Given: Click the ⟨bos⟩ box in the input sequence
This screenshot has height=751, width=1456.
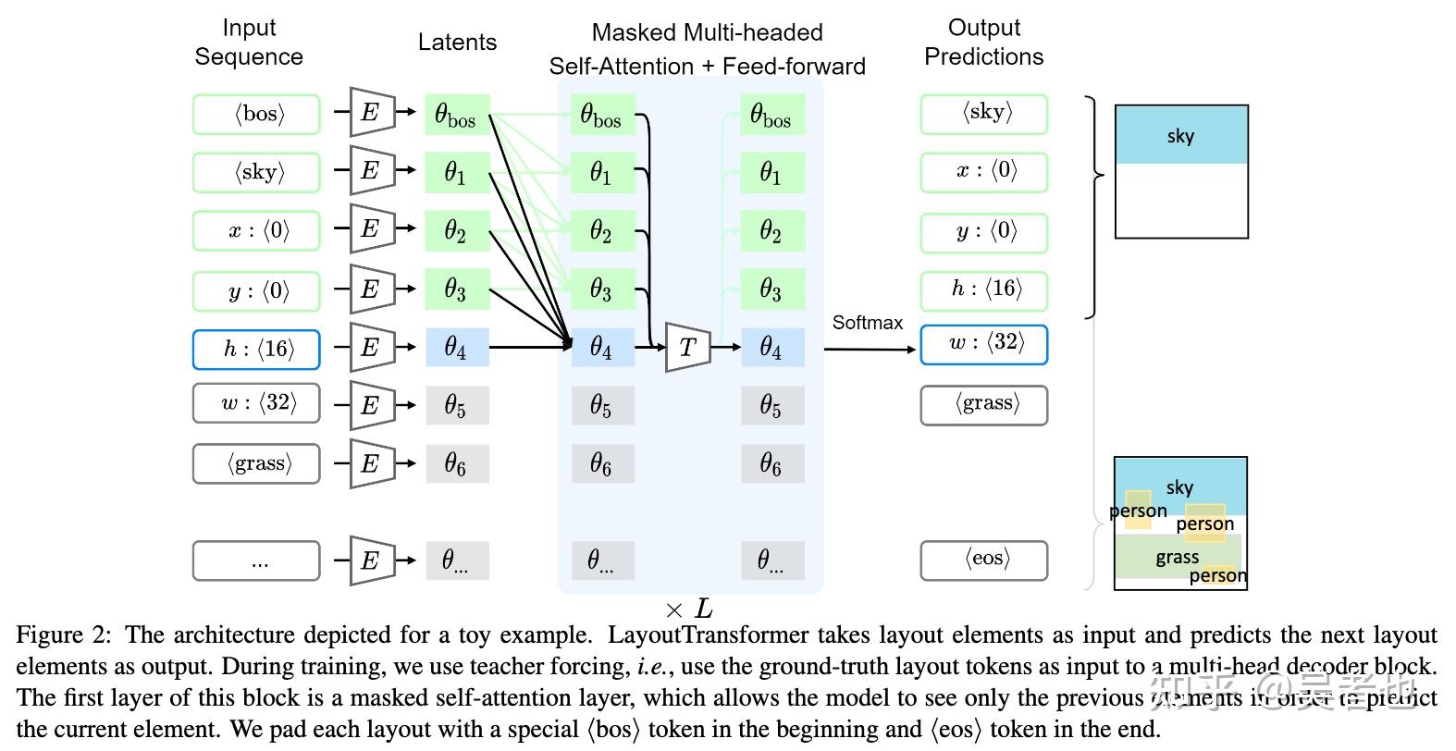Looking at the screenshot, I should pos(256,114).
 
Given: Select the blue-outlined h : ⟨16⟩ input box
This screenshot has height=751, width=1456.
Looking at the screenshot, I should pos(256,349).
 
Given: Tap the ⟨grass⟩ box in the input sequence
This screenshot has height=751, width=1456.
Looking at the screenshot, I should pos(256,463).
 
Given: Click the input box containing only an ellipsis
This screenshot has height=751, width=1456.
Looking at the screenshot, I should pos(256,560).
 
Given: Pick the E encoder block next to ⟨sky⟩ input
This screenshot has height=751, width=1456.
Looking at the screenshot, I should pos(372,170).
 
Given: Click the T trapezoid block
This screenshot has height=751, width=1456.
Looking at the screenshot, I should pos(687,348).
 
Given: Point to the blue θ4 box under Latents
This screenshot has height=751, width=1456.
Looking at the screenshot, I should pos(457,348).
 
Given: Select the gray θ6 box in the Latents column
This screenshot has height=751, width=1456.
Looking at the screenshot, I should pos(457,463).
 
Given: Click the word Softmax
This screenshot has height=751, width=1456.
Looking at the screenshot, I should pos(867,323).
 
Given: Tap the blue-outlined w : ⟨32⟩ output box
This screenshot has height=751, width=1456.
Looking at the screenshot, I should pos(984,344).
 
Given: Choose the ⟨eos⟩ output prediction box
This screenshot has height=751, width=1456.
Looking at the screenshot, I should pos(984,560).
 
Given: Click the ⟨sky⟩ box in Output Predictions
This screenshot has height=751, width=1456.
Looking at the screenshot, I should pos(984,114).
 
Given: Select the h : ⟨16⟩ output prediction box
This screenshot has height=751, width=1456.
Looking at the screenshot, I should pos(984,289).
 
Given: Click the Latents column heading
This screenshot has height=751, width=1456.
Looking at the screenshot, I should pos(457,42).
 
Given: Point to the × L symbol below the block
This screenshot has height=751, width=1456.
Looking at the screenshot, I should pos(689,609).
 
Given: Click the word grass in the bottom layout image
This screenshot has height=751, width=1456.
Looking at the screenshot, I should pos(1177,557).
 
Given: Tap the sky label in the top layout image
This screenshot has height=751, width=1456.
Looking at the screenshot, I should pos(1180,136).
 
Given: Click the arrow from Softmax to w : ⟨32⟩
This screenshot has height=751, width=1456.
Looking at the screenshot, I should pos(870,350).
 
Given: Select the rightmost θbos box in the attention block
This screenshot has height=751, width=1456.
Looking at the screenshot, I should pos(771,115).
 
